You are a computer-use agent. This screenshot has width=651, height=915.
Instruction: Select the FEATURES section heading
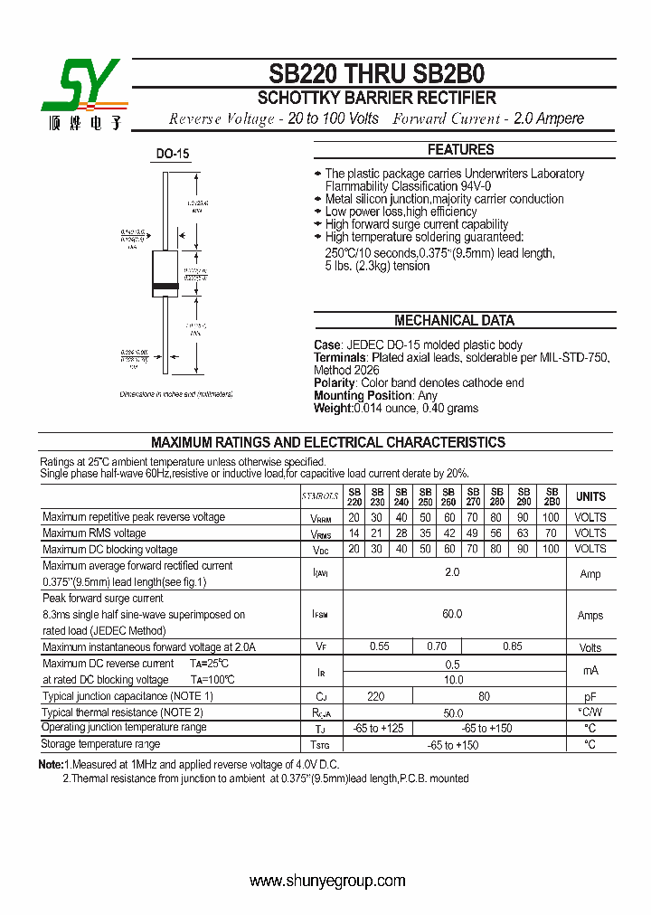pos(460,149)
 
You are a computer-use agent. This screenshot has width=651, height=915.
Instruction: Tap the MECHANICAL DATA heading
pos(454,320)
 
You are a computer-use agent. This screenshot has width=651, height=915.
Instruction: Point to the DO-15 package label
pos(172,154)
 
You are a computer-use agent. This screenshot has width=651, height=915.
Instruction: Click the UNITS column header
pos(590,496)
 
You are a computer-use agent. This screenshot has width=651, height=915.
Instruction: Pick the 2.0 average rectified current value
pos(452,572)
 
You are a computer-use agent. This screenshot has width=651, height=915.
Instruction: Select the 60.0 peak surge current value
pos(452,614)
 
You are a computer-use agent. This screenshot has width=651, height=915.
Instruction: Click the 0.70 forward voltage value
pos(436,646)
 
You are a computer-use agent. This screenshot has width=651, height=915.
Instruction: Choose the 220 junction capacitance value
pos(377,696)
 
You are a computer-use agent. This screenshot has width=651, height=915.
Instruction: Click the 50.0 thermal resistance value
pos(452,712)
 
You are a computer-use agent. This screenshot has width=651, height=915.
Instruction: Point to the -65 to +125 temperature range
pos(377,728)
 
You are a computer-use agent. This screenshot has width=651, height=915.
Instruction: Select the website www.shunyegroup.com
pos(326,881)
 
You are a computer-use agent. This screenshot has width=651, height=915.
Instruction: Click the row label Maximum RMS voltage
pos(94,533)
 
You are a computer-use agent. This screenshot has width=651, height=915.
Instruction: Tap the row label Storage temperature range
pos(100,744)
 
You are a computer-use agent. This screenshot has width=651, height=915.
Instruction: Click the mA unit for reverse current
pos(590,671)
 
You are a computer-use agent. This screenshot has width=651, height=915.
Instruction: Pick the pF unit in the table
pos(590,697)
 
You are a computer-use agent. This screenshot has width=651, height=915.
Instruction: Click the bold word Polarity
pos(335,383)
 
